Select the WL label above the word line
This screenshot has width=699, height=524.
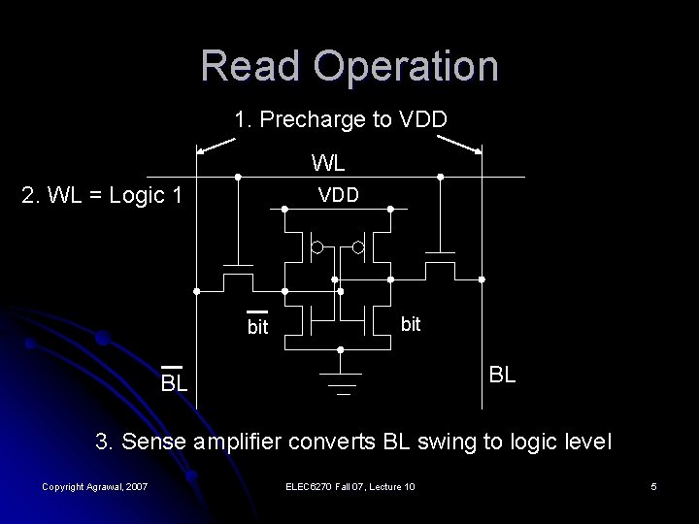pos(330,161)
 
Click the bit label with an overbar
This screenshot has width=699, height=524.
pos(257,326)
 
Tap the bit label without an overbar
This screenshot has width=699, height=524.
pos(411,324)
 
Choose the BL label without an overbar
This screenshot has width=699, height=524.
pos(503,374)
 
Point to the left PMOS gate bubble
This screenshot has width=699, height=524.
pos(316,248)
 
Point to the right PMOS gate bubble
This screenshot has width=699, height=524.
pos(357,248)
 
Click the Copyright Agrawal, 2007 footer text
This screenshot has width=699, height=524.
pos(94,485)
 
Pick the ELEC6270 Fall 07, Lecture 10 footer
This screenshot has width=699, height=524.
pos(350,485)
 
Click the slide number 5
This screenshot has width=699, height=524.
pos(654,485)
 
